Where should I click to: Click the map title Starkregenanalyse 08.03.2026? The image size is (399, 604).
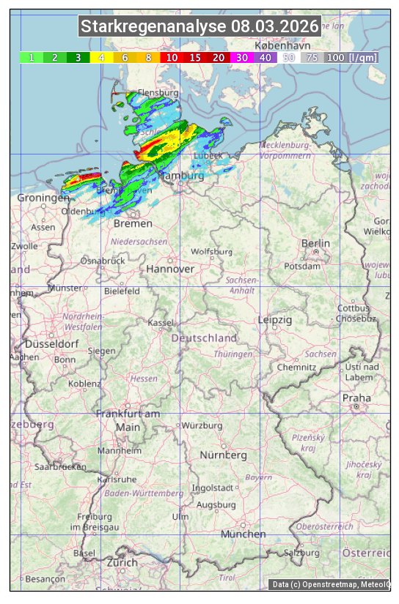(200, 27)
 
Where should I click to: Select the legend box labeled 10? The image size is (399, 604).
(172, 57)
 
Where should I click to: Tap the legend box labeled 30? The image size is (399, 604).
(241, 57)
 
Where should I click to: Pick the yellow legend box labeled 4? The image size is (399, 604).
(101, 57)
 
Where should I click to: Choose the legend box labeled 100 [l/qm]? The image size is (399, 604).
(351, 57)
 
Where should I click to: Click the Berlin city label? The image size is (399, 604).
(315, 243)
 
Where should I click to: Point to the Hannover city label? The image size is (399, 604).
(170, 269)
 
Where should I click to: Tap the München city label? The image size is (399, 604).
(243, 534)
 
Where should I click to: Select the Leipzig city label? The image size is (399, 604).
(275, 320)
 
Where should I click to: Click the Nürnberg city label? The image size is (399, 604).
(223, 455)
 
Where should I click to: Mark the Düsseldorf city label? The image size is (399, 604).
(51, 344)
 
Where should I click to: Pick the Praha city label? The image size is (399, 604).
(356, 398)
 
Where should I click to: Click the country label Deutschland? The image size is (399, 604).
(204, 338)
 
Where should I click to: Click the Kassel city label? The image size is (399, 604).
(161, 322)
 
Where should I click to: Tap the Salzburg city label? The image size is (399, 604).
(303, 553)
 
